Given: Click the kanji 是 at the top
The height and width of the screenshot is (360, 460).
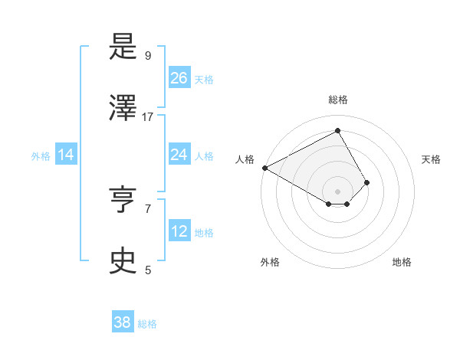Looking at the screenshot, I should [x=123, y=48].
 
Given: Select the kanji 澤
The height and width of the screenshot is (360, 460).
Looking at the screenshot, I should [x=123, y=109].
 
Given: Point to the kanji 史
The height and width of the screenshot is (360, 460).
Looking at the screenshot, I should [x=123, y=261].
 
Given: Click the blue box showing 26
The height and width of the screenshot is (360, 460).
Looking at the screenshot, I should [x=179, y=78].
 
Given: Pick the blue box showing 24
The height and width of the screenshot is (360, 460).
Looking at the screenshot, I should [x=179, y=155].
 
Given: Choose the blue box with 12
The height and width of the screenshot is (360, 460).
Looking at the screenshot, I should [x=179, y=231].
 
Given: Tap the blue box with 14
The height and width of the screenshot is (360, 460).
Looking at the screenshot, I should [x=66, y=155].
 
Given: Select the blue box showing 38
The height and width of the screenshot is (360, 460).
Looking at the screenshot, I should [x=123, y=322].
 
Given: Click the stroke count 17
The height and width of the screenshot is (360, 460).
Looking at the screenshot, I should [x=148, y=116].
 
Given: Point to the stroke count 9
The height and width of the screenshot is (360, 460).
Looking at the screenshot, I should [x=148, y=56].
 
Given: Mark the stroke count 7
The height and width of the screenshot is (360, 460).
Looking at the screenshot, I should [x=148, y=208].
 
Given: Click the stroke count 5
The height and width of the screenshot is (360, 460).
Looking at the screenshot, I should [x=148, y=269].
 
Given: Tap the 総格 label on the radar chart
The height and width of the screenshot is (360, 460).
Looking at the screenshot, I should [x=337, y=100].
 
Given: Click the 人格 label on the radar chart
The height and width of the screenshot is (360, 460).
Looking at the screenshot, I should [x=245, y=159].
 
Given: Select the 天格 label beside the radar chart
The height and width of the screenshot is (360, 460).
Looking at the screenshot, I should [x=431, y=159].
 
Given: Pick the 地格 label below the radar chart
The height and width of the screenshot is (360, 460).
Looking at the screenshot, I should [x=402, y=262].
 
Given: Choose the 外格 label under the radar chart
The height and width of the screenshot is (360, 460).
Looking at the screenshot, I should [x=270, y=262].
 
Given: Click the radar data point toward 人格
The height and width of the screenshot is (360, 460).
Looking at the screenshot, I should [x=264, y=168].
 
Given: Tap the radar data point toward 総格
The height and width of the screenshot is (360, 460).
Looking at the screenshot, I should [x=337, y=130].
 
